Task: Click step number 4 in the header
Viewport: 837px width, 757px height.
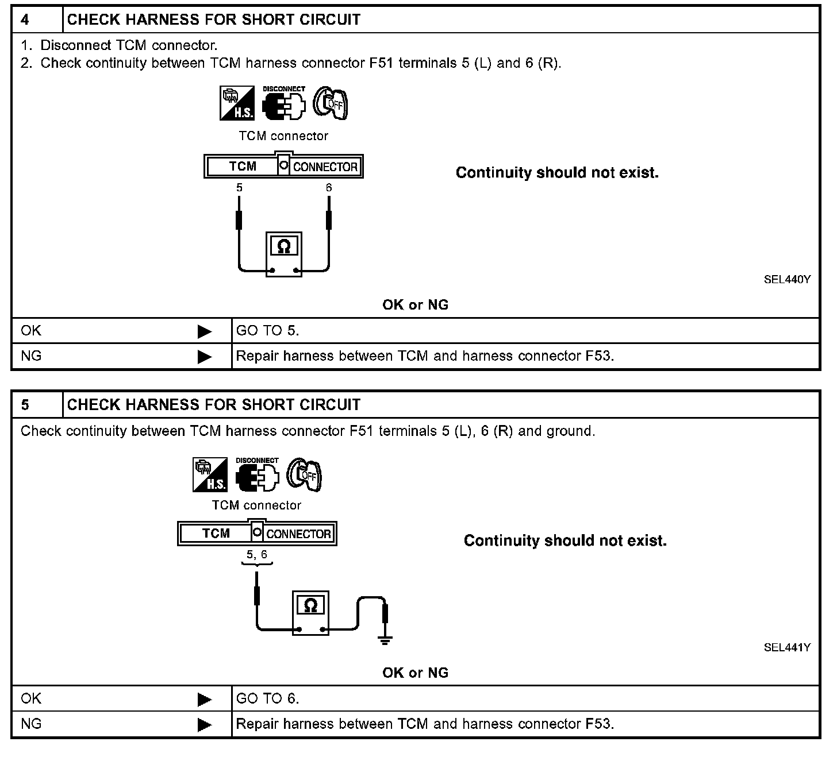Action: pyautogui.click(x=25, y=20)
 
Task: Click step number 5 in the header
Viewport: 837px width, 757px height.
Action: pyautogui.click(x=25, y=405)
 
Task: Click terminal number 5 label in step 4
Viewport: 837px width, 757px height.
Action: pyautogui.click(x=239, y=188)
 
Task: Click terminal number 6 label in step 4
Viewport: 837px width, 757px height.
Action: pyautogui.click(x=329, y=188)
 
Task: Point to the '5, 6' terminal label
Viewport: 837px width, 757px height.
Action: pyautogui.click(x=257, y=555)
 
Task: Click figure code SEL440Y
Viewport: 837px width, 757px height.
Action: pyautogui.click(x=787, y=280)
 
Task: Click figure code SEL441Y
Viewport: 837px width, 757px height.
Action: pyautogui.click(x=787, y=647)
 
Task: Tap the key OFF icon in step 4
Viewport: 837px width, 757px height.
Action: pyautogui.click(x=331, y=104)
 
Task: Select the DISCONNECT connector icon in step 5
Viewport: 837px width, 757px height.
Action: pyautogui.click(x=257, y=476)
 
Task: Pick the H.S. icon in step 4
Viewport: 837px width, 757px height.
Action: pyautogui.click(x=237, y=104)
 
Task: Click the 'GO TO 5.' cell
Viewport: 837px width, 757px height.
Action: pyautogui.click(x=268, y=331)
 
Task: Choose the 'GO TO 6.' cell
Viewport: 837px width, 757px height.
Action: pyautogui.click(x=268, y=698)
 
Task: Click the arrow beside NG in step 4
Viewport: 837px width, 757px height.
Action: pyautogui.click(x=205, y=357)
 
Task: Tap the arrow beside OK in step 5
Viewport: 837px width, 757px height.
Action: pyautogui.click(x=205, y=699)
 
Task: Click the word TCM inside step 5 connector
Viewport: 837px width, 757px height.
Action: pyautogui.click(x=216, y=534)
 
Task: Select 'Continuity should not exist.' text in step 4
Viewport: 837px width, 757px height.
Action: pyautogui.click(x=557, y=173)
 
